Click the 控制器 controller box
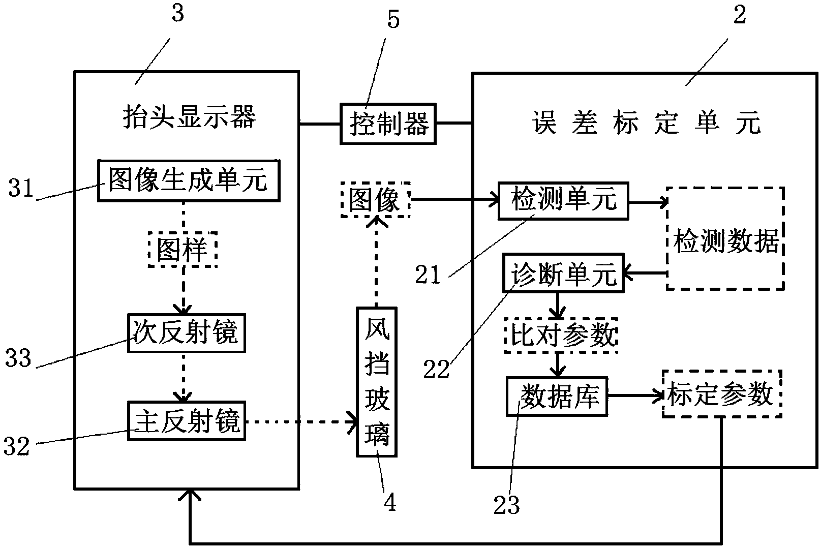coord(387,123)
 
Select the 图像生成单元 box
coord(188,180)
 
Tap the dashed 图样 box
coord(183,250)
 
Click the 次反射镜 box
coord(186,333)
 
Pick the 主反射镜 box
coord(186,421)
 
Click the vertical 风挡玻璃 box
coord(377,381)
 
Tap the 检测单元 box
coord(563,200)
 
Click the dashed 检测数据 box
coord(725,238)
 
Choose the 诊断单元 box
coord(563,273)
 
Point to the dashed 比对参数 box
coord(560,335)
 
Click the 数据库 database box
coord(557,396)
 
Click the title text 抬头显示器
coord(189,116)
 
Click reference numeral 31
coord(21,189)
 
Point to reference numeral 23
coord(506,505)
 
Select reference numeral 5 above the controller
coord(393,20)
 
